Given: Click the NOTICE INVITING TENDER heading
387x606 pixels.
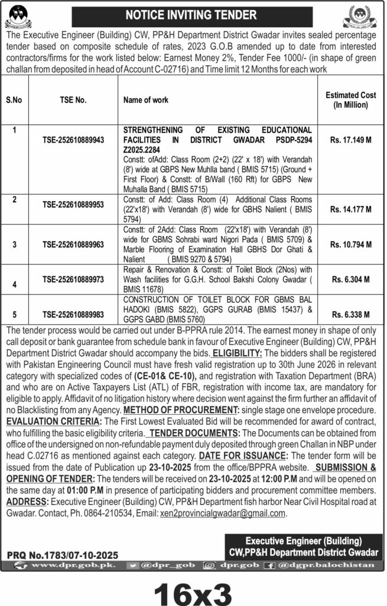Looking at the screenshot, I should [x=193, y=14].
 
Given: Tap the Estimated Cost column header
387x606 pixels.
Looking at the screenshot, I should [x=347, y=99].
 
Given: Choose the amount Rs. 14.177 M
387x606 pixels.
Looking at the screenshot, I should [x=351, y=209].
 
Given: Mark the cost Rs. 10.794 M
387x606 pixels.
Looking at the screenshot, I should [x=351, y=243].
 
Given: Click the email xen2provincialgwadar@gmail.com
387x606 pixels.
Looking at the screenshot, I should [x=223, y=514].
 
